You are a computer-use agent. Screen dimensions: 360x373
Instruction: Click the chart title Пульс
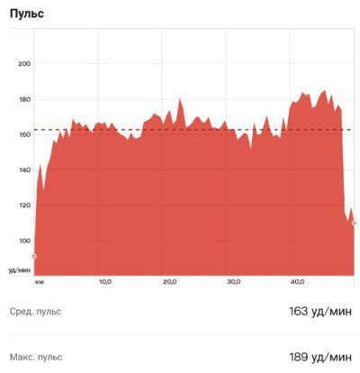[27, 14]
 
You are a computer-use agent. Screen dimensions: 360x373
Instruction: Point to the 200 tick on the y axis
[24, 64]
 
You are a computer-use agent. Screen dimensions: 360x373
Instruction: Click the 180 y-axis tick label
[24, 99]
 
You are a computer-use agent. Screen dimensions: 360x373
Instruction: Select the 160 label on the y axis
[24, 134]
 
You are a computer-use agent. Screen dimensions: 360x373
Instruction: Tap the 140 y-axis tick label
[24, 170]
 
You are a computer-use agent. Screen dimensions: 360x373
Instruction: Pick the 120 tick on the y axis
[24, 205]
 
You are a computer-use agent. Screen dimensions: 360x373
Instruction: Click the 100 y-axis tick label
[24, 241]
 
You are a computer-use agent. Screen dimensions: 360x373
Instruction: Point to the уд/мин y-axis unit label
[20, 270]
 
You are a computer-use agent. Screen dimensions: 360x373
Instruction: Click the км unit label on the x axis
[40, 282]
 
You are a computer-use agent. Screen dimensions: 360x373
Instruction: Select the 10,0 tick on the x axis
[105, 282]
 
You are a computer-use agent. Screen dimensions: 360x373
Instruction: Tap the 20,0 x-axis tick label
[169, 282]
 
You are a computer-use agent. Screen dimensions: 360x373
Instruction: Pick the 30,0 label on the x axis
[234, 282]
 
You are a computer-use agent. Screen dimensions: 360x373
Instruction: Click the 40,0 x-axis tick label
[298, 282]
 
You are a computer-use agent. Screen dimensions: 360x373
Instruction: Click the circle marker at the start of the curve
[34, 257]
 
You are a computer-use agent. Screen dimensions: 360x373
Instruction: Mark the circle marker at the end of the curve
[354, 223]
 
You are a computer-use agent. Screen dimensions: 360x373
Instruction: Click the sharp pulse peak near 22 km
[180, 98]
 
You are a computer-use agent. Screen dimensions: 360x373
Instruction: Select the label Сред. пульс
[35, 312]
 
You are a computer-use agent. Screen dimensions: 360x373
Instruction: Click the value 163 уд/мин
[320, 312]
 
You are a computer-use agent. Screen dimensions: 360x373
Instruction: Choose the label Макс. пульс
[36, 357]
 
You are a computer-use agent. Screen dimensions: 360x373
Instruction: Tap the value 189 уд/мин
[320, 357]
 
